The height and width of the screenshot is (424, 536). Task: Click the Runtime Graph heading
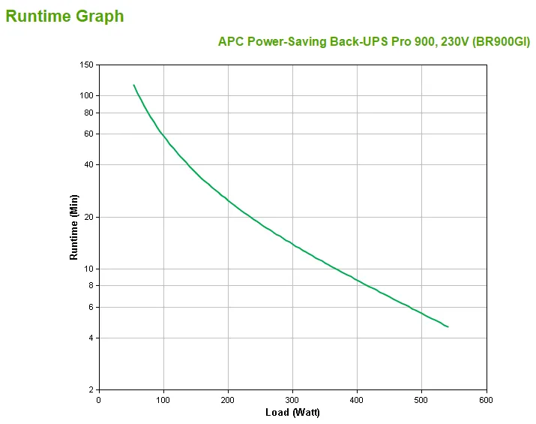tap(65, 16)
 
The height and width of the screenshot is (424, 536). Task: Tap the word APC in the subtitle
tap(230, 41)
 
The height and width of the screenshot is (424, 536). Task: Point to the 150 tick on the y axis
tap(87, 65)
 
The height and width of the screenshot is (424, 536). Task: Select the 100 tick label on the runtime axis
tap(87, 95)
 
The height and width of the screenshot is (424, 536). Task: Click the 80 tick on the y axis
tap(89, 113)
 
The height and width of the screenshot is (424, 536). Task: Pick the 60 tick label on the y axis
tap(89, 134)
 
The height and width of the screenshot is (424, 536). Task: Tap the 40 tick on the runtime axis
tap(89, 164)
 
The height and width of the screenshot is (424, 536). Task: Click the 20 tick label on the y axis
tap(89, 217)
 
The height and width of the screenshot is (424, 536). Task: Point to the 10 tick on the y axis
tap(89, 269)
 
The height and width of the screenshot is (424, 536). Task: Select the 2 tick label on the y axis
tap(91, 389)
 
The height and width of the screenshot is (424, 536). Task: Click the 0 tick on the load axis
tap(99, 399)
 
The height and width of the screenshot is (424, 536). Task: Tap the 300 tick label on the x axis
tap(292, 399)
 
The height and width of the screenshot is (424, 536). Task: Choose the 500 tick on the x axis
tap(421, 399)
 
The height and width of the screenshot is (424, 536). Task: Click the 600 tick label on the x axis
tap(486, 399)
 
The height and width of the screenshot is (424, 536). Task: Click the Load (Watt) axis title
tap(292, 413)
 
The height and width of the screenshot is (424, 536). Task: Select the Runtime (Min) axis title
tap(73, 227)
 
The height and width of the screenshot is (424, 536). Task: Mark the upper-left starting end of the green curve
tap(134, 86)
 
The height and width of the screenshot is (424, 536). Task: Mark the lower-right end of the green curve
tap(448, 326)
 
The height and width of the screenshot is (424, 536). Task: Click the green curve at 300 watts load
tap(292, 245)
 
